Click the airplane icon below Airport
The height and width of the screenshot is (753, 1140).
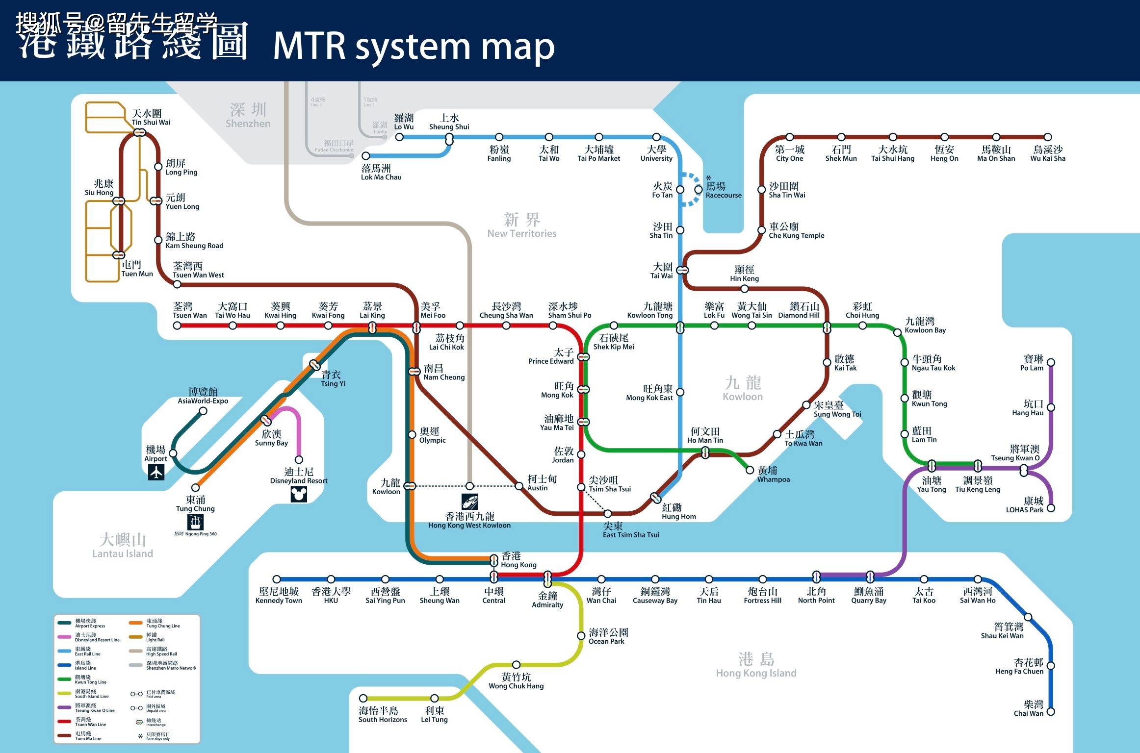pyautogui.click(x=156, y=472)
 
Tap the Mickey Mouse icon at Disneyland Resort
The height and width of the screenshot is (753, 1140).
pyautogui.click(x=299, y=494)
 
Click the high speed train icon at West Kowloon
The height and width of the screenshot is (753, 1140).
pyautogui.click(x=469, y=502)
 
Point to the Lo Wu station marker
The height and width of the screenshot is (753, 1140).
pyautogui.click(x=399, y=137)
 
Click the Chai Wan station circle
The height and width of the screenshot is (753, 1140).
pyautogui.click(x=1051, y=711)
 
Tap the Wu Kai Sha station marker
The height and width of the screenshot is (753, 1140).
pyautogui.click(x=1048, y=137)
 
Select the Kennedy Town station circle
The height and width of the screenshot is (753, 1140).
pyautogui.click(x=277, y=579)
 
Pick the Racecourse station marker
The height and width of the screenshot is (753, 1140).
pyautogui.click(x=698, y=189)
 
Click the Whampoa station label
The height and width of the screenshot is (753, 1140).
pyautogui.click(x=773, y=475)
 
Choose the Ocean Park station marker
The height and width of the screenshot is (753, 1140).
pyautogui.click(x=581, y=636)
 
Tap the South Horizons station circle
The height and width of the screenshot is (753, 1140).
pyautogui.click(x=363, y=698)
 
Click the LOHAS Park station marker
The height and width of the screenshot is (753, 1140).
pyautogui.click(x=1051, y=508)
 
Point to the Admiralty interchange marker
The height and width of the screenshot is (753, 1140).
pyautogui.click(x=547, y=579)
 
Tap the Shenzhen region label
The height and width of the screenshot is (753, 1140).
pyautogui.click(x=248, y=116)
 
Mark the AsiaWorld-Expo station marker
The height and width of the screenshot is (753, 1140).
pyautogui.click(x=203, y=411)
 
